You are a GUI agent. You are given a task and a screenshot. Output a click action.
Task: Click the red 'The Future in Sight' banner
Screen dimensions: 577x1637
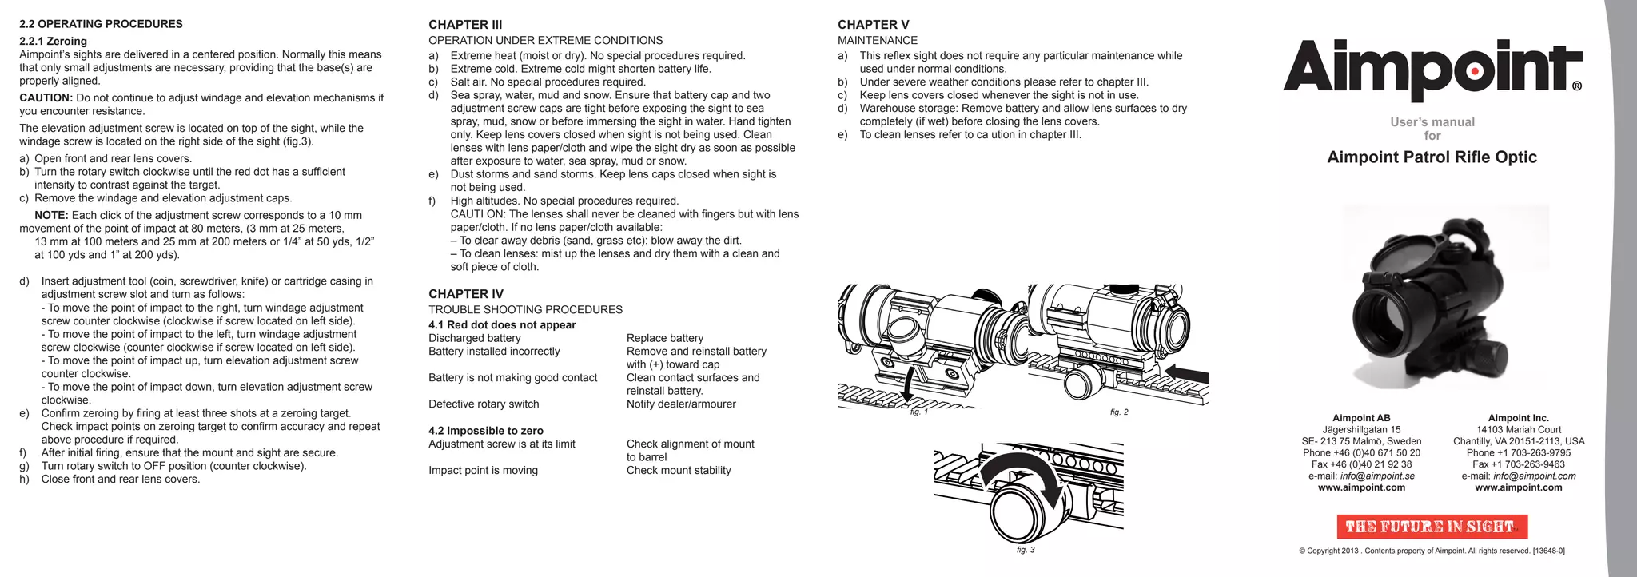[x=1432, y=527]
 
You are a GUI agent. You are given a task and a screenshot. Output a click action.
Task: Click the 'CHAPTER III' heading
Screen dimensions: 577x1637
[x=465, y=25]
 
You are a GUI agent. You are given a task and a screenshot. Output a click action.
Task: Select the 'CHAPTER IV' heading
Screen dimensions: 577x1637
[x=465, y=294]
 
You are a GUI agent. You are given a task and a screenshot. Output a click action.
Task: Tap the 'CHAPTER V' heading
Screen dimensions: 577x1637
[x=873, y=25]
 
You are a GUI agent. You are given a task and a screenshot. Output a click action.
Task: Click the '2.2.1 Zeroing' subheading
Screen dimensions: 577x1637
[x=53, y=42]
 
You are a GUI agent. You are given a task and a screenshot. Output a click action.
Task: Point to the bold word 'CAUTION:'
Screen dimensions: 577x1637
[x=46, y=98]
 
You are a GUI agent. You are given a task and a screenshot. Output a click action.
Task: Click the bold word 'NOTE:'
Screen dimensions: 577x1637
[x=51, y=216]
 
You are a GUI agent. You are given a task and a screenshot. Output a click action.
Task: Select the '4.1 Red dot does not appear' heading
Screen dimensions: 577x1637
[x=502, y=325]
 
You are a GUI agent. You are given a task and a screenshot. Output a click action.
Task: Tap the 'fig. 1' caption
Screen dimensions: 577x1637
[x=919, y=412]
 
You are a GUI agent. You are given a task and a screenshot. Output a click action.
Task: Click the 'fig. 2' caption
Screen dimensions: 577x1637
[x=1119, y=412]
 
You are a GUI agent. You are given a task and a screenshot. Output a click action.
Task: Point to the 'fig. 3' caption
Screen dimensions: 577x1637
[x=1026, y=551]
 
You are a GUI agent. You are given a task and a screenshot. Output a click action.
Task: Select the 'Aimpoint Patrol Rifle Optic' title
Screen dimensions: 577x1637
[x=1432, y=157]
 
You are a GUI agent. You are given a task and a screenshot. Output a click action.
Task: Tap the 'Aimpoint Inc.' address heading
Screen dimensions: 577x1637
[x=1518, y=418]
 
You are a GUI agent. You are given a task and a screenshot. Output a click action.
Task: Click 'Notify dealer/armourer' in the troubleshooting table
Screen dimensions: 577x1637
[x=681, y=404]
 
